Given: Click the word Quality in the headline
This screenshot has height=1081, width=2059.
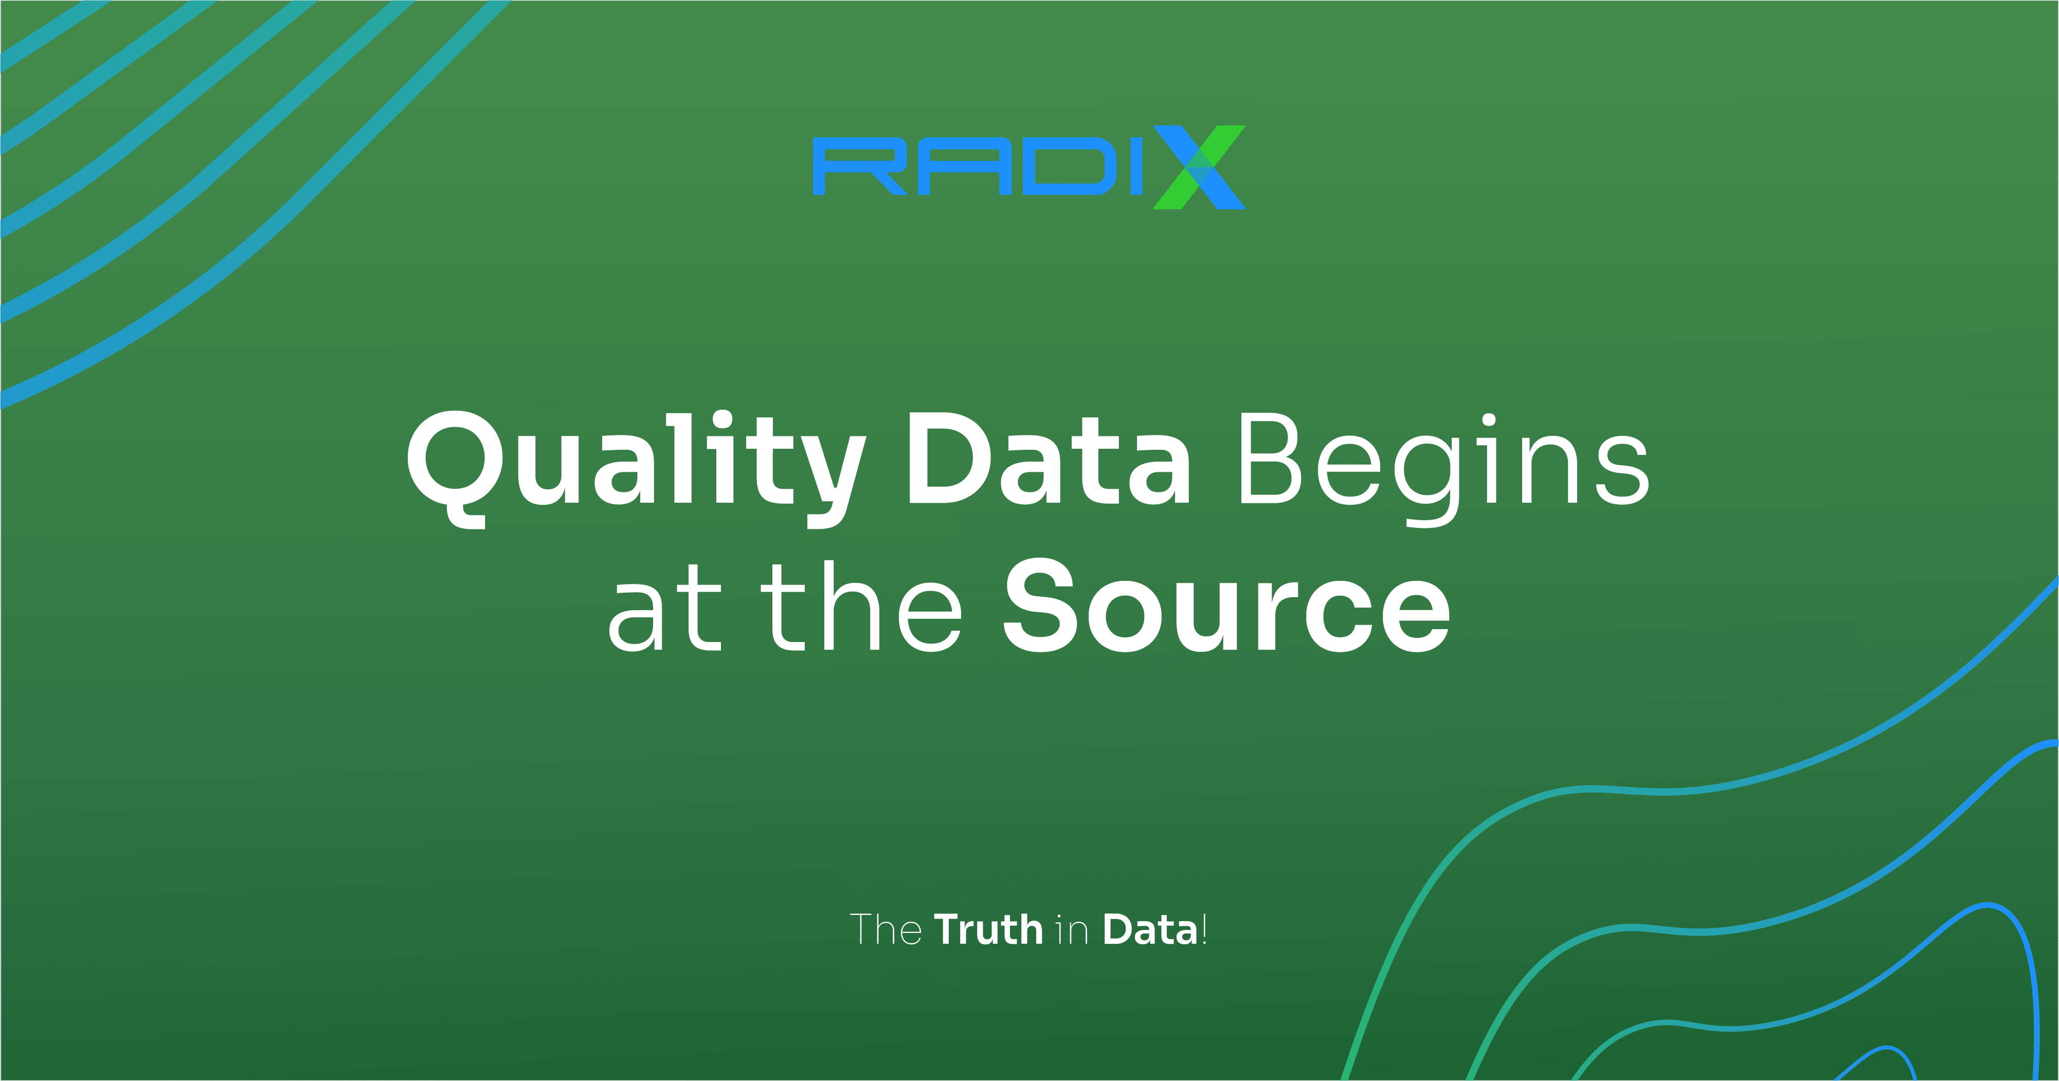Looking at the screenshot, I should click(x=636, y=464).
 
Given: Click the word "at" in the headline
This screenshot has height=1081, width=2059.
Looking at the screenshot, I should click(x=663, y=611).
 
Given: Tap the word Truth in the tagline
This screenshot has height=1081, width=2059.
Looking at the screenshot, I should click(x=989, y=929).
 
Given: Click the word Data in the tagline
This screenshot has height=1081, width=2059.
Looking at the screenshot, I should click(x=1150, y=929).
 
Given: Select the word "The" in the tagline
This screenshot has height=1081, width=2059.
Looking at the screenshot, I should click(x=885, y=929).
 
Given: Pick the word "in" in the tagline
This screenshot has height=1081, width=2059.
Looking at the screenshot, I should click(x=1072, y=931).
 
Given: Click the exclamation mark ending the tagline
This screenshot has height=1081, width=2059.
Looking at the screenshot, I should click(x=1204, y=929).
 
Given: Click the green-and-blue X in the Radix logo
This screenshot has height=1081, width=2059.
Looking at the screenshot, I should click(x=1197, y=167).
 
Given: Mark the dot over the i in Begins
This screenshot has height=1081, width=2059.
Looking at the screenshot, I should click(x=1488, y=418).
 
